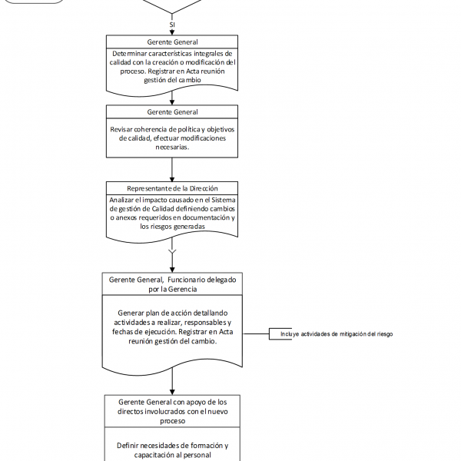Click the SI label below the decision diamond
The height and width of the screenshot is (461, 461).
(x=172, y=24)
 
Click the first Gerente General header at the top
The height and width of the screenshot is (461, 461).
(x=172, y=41)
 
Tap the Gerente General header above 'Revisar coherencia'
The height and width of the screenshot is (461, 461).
(x=172, y=112)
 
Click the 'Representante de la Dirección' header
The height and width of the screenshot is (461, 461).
(x=172, y=189)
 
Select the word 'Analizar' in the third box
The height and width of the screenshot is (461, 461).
(x=128, y=200)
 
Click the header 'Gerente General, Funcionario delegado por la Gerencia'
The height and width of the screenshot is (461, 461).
(x=172, y=284)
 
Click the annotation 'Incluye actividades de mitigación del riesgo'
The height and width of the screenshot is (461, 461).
(x=337, y=334)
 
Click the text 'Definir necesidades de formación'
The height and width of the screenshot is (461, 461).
(x=172, y=446)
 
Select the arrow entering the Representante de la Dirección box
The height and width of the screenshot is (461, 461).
(x=172, y=171)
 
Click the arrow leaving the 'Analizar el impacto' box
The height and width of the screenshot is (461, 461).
(x=172, y=254)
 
